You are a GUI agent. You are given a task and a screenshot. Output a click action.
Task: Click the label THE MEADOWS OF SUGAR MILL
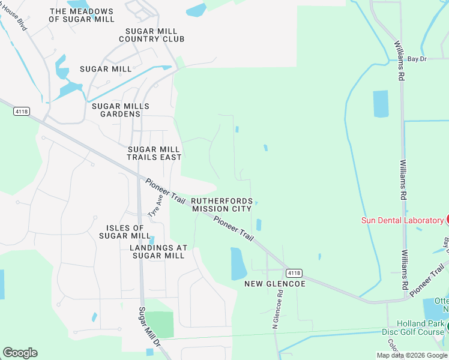click(x=81, y=16)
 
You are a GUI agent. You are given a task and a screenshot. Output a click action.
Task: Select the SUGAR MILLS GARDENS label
click(x=120, y=110)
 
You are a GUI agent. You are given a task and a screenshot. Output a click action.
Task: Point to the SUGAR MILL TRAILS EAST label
click(x=154, y=153)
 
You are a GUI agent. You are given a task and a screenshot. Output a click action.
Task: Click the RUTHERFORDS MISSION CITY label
click(x=221, y=205)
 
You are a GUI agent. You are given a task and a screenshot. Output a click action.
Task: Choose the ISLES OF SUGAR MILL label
click(x=125, y=232)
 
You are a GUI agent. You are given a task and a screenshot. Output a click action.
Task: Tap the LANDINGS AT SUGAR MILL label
click(x=158, y=251)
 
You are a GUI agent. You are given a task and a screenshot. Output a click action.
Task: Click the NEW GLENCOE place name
click(x=275, y=283)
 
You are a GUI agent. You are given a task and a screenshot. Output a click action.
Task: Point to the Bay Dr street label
click(x=417, y=59)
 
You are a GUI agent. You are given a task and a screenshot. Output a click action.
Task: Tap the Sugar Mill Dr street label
click(x=149, y=327)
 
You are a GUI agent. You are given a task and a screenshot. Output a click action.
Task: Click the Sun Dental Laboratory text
click(x=402, y=220)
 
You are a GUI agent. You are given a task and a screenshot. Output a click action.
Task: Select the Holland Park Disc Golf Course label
click(x=414, y=327)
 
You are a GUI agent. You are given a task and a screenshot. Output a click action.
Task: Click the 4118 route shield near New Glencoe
click(x=294, y=272)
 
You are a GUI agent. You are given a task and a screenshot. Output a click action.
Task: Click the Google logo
click(x=20, y=353)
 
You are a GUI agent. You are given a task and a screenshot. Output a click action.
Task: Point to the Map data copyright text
click(x=412, y=355)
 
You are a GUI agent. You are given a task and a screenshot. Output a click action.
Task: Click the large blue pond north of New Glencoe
click(x=239, y=263)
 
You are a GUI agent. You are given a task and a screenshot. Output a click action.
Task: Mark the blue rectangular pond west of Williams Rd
click(x=381, y=104)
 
